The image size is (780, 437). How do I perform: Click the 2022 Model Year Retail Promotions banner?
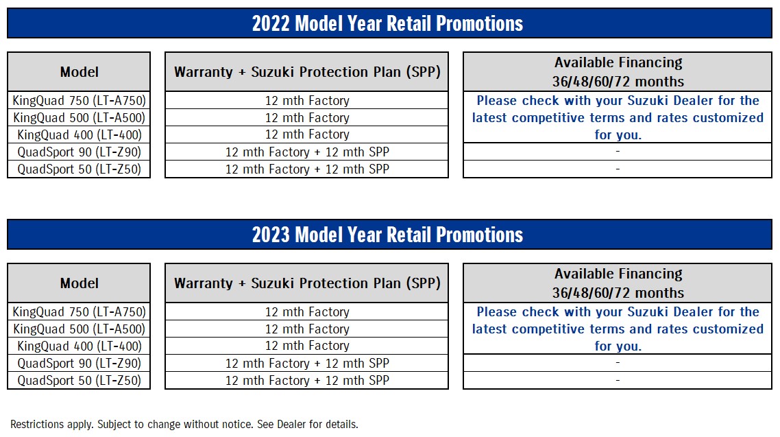389,23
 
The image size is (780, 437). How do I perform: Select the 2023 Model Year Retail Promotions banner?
389,235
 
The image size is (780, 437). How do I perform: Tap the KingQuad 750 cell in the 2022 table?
79,101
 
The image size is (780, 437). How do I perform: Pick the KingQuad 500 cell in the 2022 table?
79,117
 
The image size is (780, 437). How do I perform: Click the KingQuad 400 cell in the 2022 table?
79,134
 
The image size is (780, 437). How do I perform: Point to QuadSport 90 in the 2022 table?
79,152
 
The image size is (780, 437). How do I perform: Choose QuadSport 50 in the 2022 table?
79,169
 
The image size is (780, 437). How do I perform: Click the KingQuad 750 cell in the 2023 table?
79,312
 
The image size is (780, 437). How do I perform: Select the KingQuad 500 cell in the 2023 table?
79,329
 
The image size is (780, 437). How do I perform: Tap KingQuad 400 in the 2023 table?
79,346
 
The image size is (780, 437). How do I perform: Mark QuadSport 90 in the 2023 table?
79,364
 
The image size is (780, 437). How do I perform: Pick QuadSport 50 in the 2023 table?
79,380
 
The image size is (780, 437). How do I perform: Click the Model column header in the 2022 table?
79,71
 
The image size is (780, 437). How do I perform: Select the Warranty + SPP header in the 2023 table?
307,283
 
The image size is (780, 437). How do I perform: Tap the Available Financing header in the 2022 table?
618,71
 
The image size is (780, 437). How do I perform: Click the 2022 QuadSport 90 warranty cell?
307,152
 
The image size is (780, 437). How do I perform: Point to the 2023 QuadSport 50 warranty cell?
307,380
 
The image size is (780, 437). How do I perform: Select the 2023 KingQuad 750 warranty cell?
307,312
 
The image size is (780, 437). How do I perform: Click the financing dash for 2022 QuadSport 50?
618,169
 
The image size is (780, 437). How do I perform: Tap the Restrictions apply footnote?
184,425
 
